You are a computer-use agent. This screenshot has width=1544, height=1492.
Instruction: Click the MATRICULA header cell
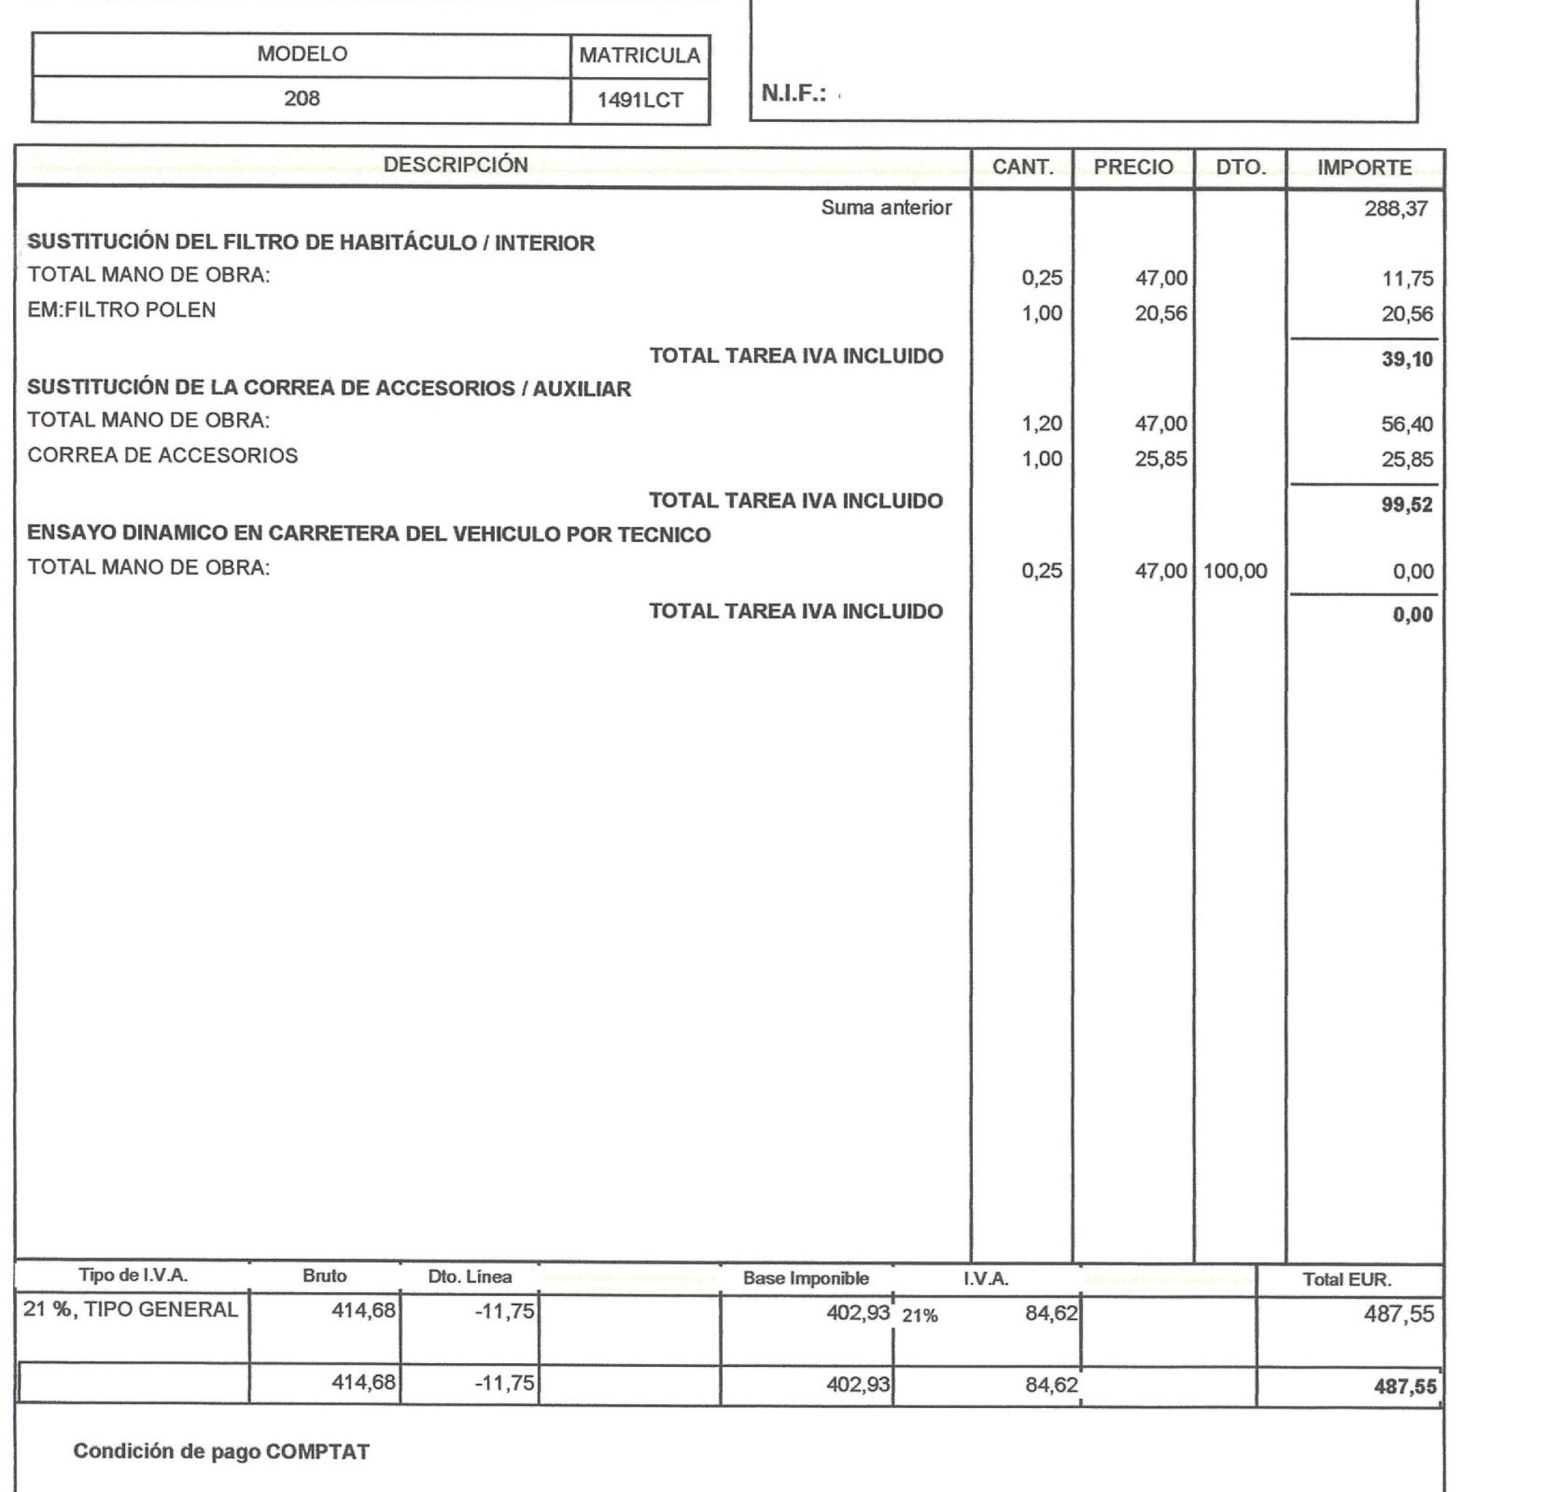(x=639, y=55)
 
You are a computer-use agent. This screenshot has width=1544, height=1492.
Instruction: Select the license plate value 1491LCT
(x=639, y=100)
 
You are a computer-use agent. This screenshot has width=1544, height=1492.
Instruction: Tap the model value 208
(x=302, y=99)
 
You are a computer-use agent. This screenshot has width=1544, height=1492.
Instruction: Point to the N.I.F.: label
(x=794, y=93)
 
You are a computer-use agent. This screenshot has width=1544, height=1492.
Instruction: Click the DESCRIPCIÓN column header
(x=455, y=164)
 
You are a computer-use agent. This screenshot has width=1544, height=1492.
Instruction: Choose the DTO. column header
(x=1240, y=167)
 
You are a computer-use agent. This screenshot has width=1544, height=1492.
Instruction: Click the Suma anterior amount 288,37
(x=1396, y=208)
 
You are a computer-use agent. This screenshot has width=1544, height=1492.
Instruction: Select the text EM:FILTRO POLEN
(x=121, y=310)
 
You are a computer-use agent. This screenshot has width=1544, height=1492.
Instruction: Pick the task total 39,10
(x=1407, y=359)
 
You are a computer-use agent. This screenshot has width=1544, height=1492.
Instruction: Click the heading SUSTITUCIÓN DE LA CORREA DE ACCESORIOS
(x=329, y=388)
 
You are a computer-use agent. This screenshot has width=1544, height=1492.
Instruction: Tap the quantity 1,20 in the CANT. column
(x=1041, y=424)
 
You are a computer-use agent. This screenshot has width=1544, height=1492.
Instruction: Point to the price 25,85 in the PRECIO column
(x=1160, y=458)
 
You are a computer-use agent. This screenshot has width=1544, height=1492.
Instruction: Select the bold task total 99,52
(x=1407, y=505)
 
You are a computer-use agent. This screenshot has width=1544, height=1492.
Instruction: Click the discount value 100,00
(x=1234, y=571)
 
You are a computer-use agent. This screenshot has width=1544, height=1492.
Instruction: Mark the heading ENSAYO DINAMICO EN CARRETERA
(x=368, y=534)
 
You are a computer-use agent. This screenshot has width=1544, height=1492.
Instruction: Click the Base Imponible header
(x=805, y=1277)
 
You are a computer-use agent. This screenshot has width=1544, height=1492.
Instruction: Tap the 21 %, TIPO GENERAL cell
(x=130, y=1309)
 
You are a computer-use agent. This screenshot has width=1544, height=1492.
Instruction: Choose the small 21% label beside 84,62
(x=919, y=1315)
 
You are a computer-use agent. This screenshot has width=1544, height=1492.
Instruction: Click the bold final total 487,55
(x=1404, y=1386)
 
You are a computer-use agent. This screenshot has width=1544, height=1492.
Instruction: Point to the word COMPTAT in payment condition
(x=317, y=1452)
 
